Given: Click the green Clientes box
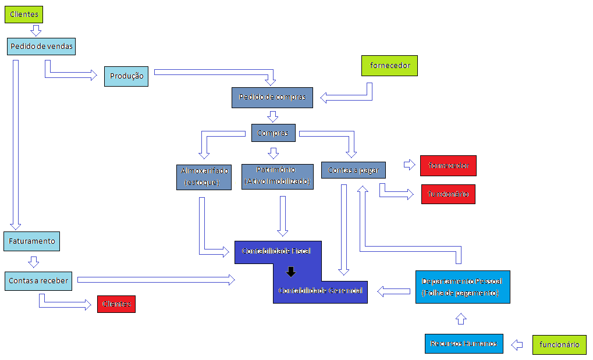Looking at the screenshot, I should click(24, 14).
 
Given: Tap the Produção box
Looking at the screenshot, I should click(126, 76).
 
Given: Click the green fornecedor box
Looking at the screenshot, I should click(389, 66).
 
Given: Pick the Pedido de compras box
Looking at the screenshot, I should click(272, 97).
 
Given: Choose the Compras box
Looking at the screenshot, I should click(273, 133).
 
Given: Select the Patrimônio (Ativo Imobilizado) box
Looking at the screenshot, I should click(276, 176).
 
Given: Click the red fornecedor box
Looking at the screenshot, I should click(449, 166).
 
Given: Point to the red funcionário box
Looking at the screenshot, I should click(448, 194).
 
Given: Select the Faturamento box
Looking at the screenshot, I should click(32, 241).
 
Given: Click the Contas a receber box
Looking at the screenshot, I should click(38, 281).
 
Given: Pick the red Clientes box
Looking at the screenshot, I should click(116, 304).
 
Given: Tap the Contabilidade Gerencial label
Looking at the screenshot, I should click(320, 290).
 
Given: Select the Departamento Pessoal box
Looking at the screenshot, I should click(462, 287).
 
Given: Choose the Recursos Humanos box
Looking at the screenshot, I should click(464, 344).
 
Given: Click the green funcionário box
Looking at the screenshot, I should click(559, 345).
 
